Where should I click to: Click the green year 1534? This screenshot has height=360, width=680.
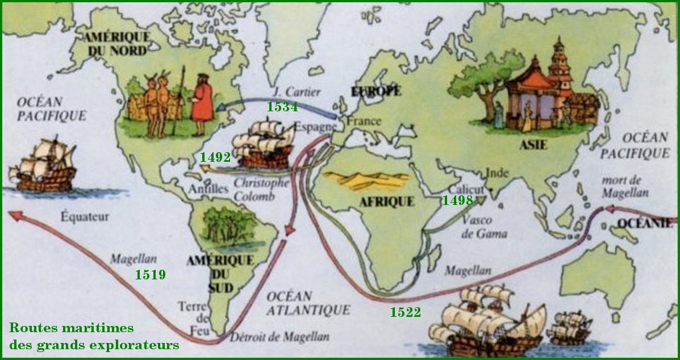[x=282, y=107]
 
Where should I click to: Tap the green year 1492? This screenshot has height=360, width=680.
[x=215, y=157]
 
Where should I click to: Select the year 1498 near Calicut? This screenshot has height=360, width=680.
[x=457, y=200]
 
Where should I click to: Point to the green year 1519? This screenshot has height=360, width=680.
[x=150, y=275]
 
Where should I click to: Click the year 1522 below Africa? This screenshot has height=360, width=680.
[x=405, y=312]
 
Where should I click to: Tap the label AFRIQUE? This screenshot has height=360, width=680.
[x=386, y=202]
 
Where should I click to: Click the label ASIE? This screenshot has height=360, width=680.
[x=533, y=145]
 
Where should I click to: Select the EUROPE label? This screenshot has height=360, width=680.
[x=376, y=91]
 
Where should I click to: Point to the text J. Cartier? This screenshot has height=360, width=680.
[x=295, y=91]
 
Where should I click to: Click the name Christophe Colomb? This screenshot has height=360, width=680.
[x=261, y=190]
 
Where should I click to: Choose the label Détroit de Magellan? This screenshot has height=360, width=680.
[x=279, y=336]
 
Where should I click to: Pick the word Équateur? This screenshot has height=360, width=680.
[x=86, y=216]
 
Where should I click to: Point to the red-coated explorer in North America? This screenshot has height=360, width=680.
[x=202, y=102]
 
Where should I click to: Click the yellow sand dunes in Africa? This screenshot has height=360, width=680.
[x=366, y=180]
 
